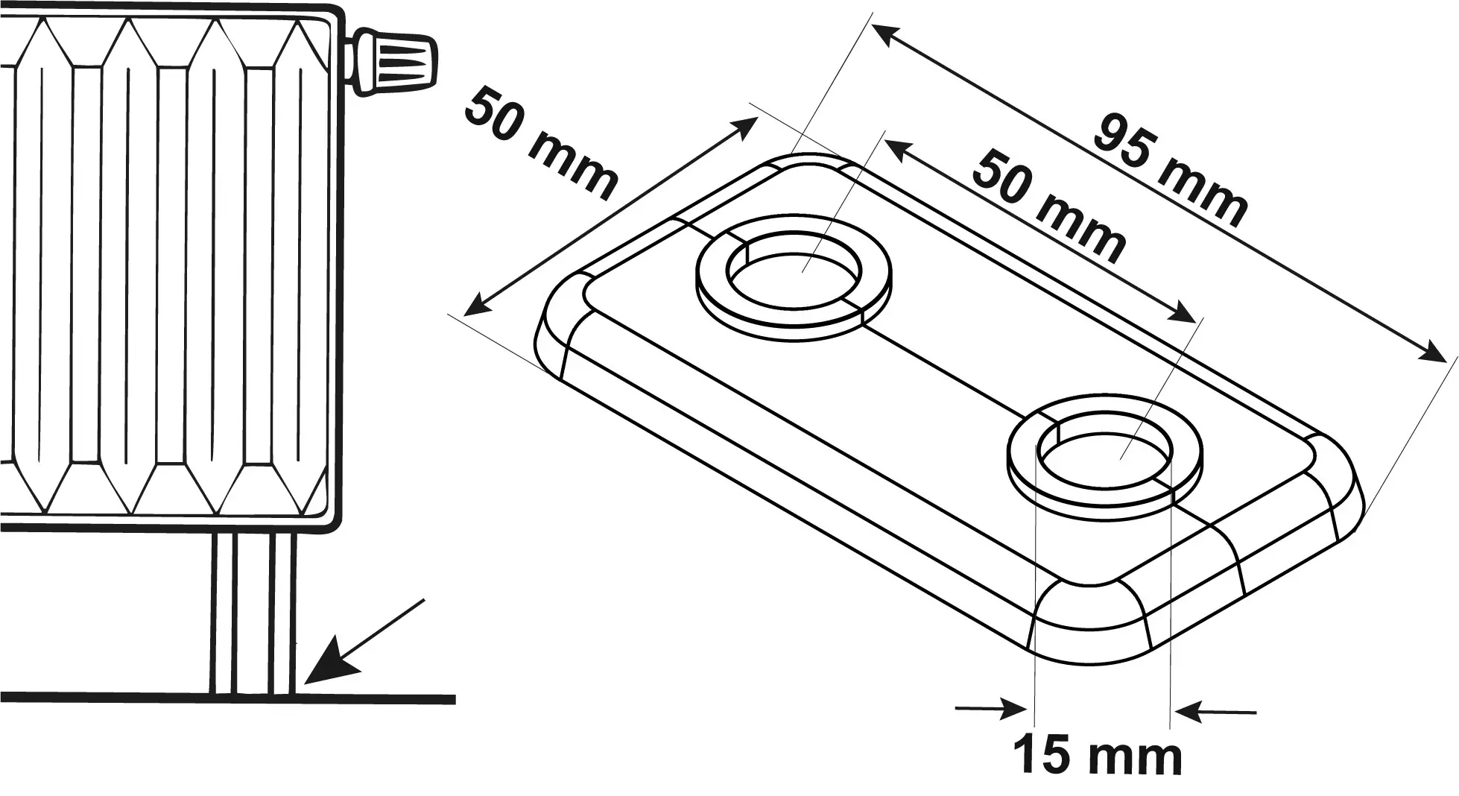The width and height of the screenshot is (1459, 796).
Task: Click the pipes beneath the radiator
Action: (253, 611)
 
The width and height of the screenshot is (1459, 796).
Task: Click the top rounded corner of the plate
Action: (812, 164)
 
